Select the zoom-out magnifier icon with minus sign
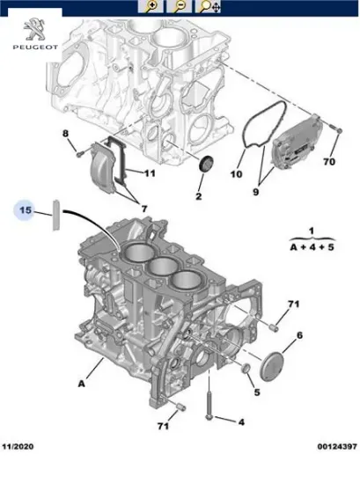tap(180, 7)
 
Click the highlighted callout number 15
tap(26, 211)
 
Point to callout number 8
tap(64, 134)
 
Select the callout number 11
tap(150, 173)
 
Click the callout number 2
tap(199, 195)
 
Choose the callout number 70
tap(329, 162)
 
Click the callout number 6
tap(299, 335)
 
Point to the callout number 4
tap(241, 421)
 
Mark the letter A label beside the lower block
tap(82, 383)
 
